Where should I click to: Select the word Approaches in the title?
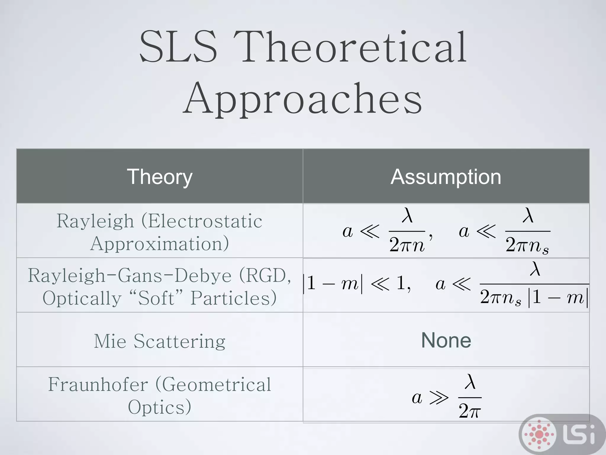click(x=302, y=98)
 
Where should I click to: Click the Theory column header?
click(x=160, y=177)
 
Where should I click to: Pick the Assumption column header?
click(x=446, y=177)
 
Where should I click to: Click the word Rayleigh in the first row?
click(x=95, y=221)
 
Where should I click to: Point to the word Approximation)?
click(x=160, y=244)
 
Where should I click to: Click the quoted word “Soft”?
click(x=156, y=298)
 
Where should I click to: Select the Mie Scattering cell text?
click(x=160, y=341)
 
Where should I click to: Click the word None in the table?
click(x=446, y=340)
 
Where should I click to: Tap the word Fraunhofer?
click(x=98, y=384)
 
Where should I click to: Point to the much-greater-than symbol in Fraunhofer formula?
click(x=439, y=398)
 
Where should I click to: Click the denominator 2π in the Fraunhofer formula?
click(x=470, y=411)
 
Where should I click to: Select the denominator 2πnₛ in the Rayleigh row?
click(x=527, y=245)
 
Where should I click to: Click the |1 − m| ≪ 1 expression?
click(x=357, y=284)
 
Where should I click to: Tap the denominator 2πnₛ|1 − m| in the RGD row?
click(x=534, y=297)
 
